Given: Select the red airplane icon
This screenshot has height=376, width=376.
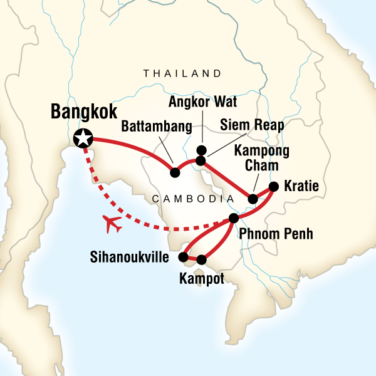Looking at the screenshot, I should (114, 224).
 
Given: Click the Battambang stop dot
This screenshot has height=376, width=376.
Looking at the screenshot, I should (175, 171).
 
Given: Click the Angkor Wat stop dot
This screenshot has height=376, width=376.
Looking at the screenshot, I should (201, 150).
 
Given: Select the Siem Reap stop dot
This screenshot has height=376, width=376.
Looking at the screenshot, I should (201, 161).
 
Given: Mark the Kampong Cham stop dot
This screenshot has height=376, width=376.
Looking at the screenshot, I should (253, 199).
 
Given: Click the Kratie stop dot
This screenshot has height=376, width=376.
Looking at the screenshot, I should (273, 186).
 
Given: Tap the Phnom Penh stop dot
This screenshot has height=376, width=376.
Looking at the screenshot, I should (234, 218).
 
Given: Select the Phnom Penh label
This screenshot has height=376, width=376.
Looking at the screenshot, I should (276, 235).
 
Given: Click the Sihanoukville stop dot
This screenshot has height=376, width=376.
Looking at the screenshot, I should (183, 256).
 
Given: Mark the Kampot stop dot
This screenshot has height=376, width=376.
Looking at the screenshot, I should (201, 259).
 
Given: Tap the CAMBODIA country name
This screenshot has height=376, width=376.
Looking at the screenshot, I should (189, 199).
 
